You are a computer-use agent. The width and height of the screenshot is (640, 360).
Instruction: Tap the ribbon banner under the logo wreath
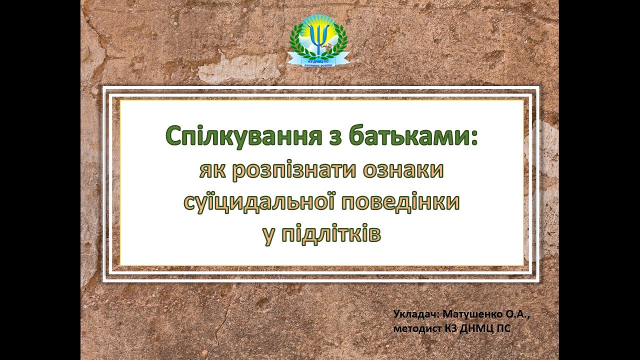[x=318, y=61]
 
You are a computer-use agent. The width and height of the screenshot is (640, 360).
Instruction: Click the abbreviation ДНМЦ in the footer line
[x=477, y=328]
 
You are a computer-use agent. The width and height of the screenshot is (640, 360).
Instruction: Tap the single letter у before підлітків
[x=268, y=235]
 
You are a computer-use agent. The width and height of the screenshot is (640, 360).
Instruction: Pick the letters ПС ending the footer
[x=504, y=328]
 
